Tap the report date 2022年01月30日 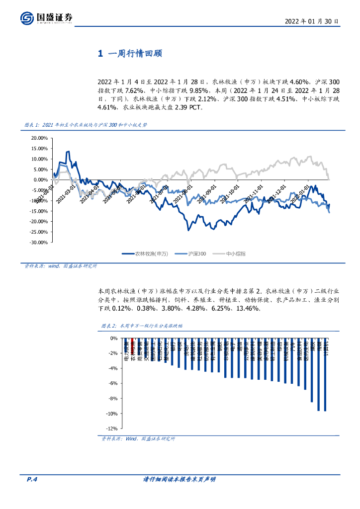click(312, 21)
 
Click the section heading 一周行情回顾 click(131, 54)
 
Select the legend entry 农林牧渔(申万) click(145, 254)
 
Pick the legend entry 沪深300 click(192, 254)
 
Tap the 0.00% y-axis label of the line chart click(39, 180)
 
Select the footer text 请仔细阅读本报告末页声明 click(179, 479)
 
